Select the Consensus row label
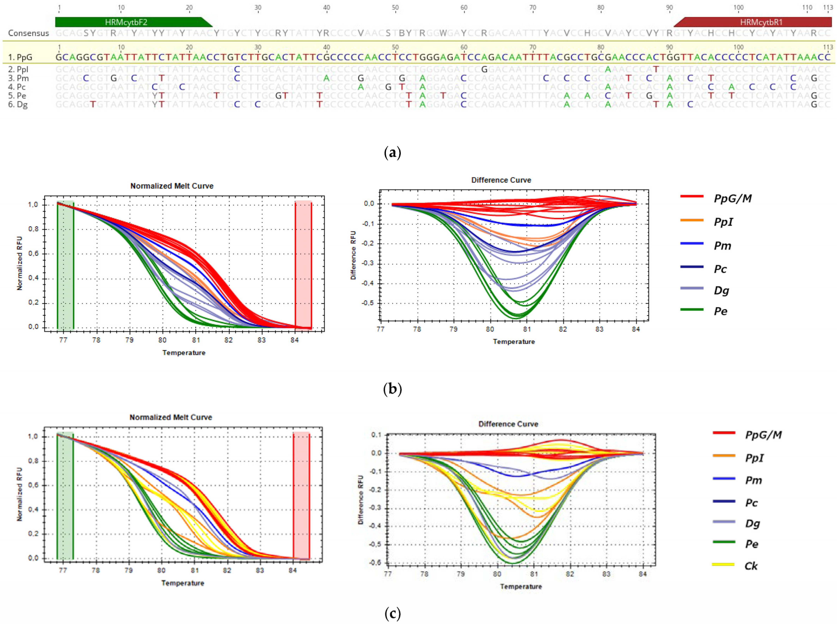coord(29,33)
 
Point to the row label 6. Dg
coord(18,104)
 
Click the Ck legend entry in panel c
coord(751,566)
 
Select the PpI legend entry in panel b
coord(723,222)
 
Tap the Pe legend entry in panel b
coord(720,311)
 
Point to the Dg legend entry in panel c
coord(752,524)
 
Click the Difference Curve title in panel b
coord(501,180)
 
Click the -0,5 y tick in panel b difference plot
coord(368,303)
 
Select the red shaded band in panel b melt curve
coord(303,265)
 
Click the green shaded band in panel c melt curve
coord(65,496)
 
